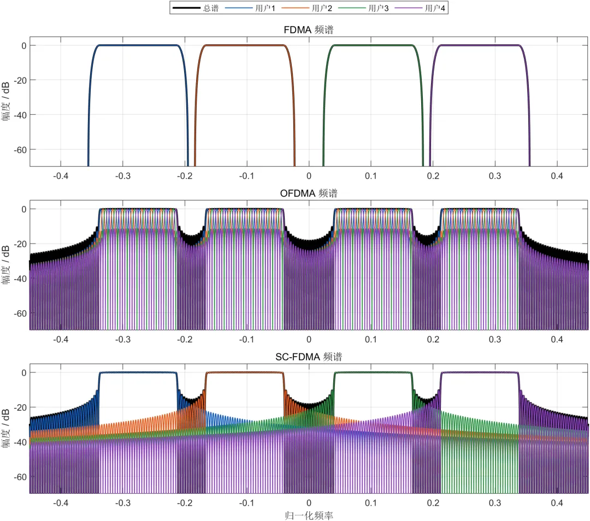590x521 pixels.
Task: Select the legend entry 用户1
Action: [x=250, y=8]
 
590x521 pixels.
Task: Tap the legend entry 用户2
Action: [x=306, y=8]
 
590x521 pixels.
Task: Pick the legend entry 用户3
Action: [x=363, y=8]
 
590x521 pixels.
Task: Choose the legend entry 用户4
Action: [x=420, y=8]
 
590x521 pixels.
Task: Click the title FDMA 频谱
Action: [x=309, y=29]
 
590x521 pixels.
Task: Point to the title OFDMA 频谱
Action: [x=309, y=193]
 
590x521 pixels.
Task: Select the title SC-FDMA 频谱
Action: [x=309, y=357]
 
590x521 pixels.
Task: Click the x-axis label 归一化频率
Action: [x=309, y=516]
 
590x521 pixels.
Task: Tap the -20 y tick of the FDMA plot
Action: [x=20, y=80]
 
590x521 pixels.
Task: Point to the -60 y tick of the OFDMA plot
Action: [x=20, y=313]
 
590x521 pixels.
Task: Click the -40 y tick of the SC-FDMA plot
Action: [x=20, y=442]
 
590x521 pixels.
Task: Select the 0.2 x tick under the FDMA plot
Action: [x=433, y=176]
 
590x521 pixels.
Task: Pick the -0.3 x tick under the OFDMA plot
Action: [x=123, y=339]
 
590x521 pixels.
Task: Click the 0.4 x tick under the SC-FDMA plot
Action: [x=557, y=503]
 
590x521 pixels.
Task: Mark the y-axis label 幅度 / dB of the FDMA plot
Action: [x=5, y=101]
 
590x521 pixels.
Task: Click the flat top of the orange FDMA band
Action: [x=245, y=45]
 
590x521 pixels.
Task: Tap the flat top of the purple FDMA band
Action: [x=480, y=45]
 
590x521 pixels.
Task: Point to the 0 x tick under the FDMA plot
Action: [x=309, y=176]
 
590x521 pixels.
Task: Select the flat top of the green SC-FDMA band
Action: [x=373, y=372]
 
